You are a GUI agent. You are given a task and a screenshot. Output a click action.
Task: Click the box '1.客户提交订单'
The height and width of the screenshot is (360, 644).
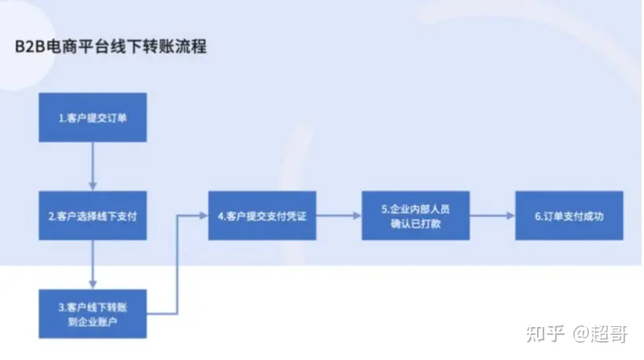click(x=93, y=118)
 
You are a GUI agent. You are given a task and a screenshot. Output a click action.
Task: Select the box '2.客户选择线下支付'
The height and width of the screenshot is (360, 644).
click(x=93, y=215)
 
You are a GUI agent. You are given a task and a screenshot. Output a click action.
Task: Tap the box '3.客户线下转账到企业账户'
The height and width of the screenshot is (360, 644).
click(x=93, y=313)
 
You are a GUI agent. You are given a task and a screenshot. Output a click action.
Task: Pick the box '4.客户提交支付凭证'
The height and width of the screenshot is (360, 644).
click(x=261, y=215)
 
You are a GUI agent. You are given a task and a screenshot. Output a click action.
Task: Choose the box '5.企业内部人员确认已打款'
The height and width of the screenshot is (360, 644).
click(x=415, y=215)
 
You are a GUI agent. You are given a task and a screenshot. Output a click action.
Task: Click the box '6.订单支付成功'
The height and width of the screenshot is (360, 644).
click(x=569, y=215)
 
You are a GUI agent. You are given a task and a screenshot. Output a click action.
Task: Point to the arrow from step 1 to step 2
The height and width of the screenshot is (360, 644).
click(x=93, y=166)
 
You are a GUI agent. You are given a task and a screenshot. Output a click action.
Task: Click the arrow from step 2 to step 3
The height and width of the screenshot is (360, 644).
click(x=93, y=263)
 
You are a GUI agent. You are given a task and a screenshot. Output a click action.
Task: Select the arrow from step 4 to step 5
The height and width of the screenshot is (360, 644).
click(x=338, y=215)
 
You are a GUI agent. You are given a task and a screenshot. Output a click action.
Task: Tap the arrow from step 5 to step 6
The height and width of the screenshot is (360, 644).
click(x=491, y=215)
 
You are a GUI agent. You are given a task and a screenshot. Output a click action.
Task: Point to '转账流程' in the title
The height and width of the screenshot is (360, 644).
click(x=180, y=46)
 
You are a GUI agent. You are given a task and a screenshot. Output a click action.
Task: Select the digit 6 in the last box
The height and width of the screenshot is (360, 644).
click(x=537, y=215)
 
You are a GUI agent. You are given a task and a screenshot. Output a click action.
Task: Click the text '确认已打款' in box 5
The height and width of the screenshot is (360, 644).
click(x=415, y=222)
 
